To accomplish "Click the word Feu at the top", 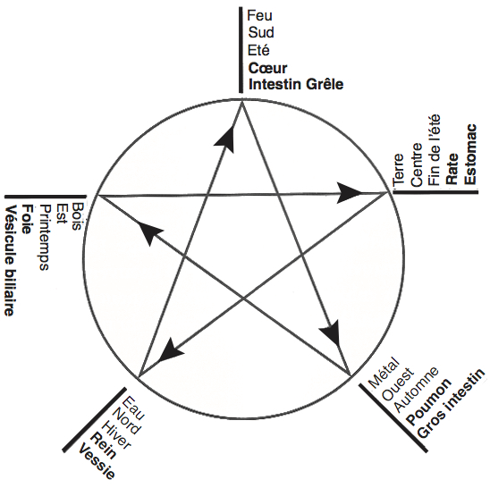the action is pos(259,15).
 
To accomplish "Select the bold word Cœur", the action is pos(267,68).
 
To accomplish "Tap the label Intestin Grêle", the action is pos(296,84).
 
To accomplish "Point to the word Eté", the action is pos(258,50).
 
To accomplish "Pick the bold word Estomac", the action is pos(470,154).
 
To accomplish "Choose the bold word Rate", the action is pos(452,169).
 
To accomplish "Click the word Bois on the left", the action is pos(77,216).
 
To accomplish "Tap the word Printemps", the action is pos(45,238).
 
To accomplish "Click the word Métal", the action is pos(384,373).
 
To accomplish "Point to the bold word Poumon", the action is pos(429,401).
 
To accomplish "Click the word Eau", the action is pos(134,408).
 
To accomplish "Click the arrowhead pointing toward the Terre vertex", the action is pos(349,193).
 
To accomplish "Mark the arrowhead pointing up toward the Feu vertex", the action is pos(225,139).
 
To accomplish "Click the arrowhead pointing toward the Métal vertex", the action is pos(331,333).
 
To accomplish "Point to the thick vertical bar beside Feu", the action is pos(241,50).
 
